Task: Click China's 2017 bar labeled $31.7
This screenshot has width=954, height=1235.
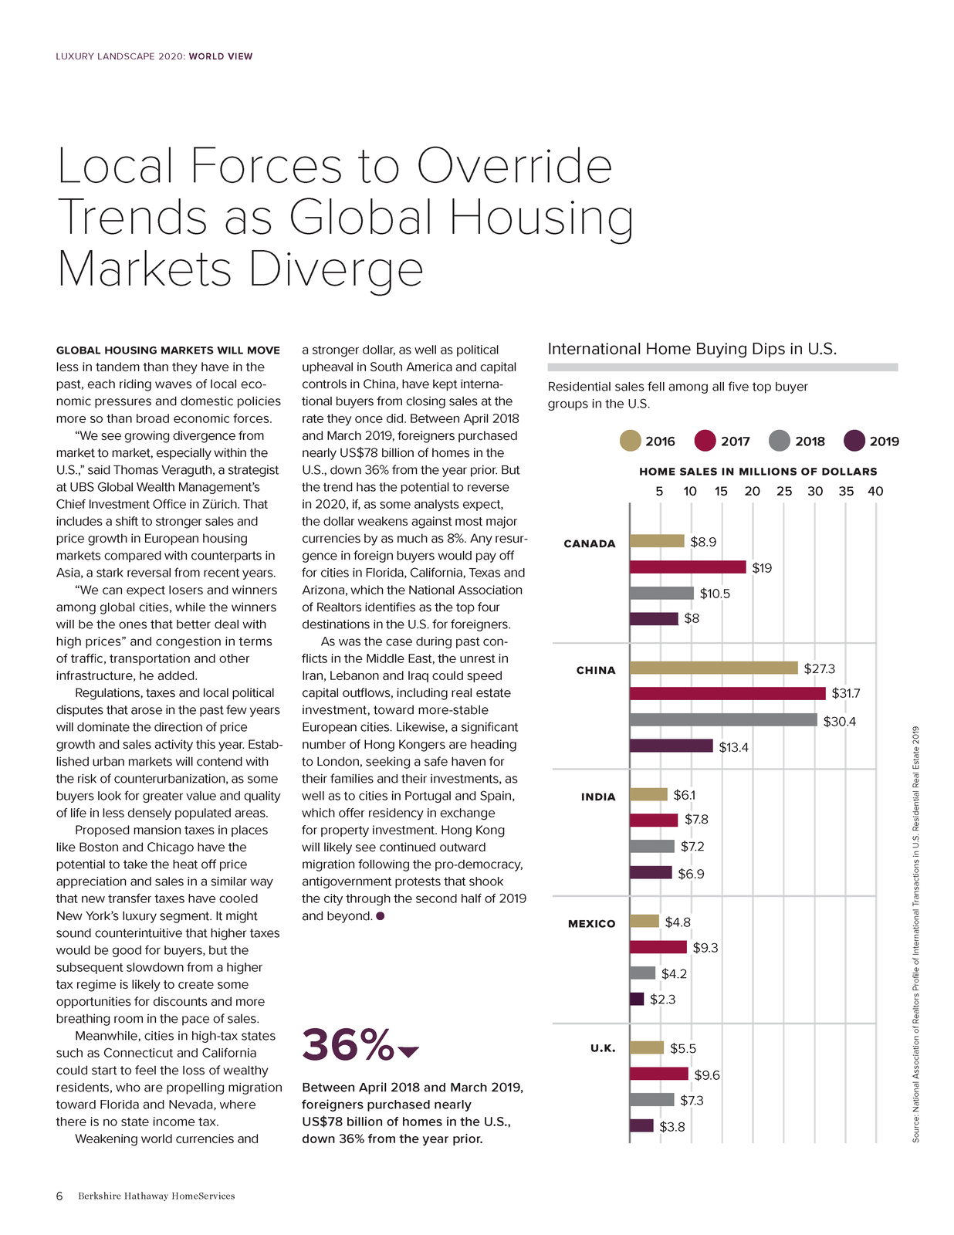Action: coord(727,693)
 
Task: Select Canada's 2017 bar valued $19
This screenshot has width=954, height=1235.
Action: coord(688,567)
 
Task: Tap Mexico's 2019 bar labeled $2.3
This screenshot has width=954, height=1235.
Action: coord(636,999)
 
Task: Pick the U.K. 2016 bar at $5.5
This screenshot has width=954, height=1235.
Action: coord(647,1047)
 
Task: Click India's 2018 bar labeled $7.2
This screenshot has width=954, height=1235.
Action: coord(651,846)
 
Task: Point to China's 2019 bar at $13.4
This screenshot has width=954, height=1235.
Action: coord(671,746)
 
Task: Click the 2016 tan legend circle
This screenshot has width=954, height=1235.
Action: coord(630,441)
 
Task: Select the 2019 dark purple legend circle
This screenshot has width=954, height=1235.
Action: coord(854,441)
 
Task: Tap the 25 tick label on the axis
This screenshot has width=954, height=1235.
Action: coord(784,491)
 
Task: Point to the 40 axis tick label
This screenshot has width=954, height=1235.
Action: coord(875,491)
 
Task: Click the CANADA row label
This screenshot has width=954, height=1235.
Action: coord(589,544)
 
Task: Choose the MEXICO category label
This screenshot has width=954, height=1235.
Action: coord(591,924)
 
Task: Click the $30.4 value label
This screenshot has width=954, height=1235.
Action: coord(839,721)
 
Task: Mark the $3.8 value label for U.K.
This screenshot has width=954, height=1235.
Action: coord(672,1126)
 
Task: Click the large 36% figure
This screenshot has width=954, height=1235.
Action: coord(348,1044)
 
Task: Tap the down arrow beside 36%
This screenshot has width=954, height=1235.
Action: coord(408,1052)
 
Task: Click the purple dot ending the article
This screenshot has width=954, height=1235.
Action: coord(380,915)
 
